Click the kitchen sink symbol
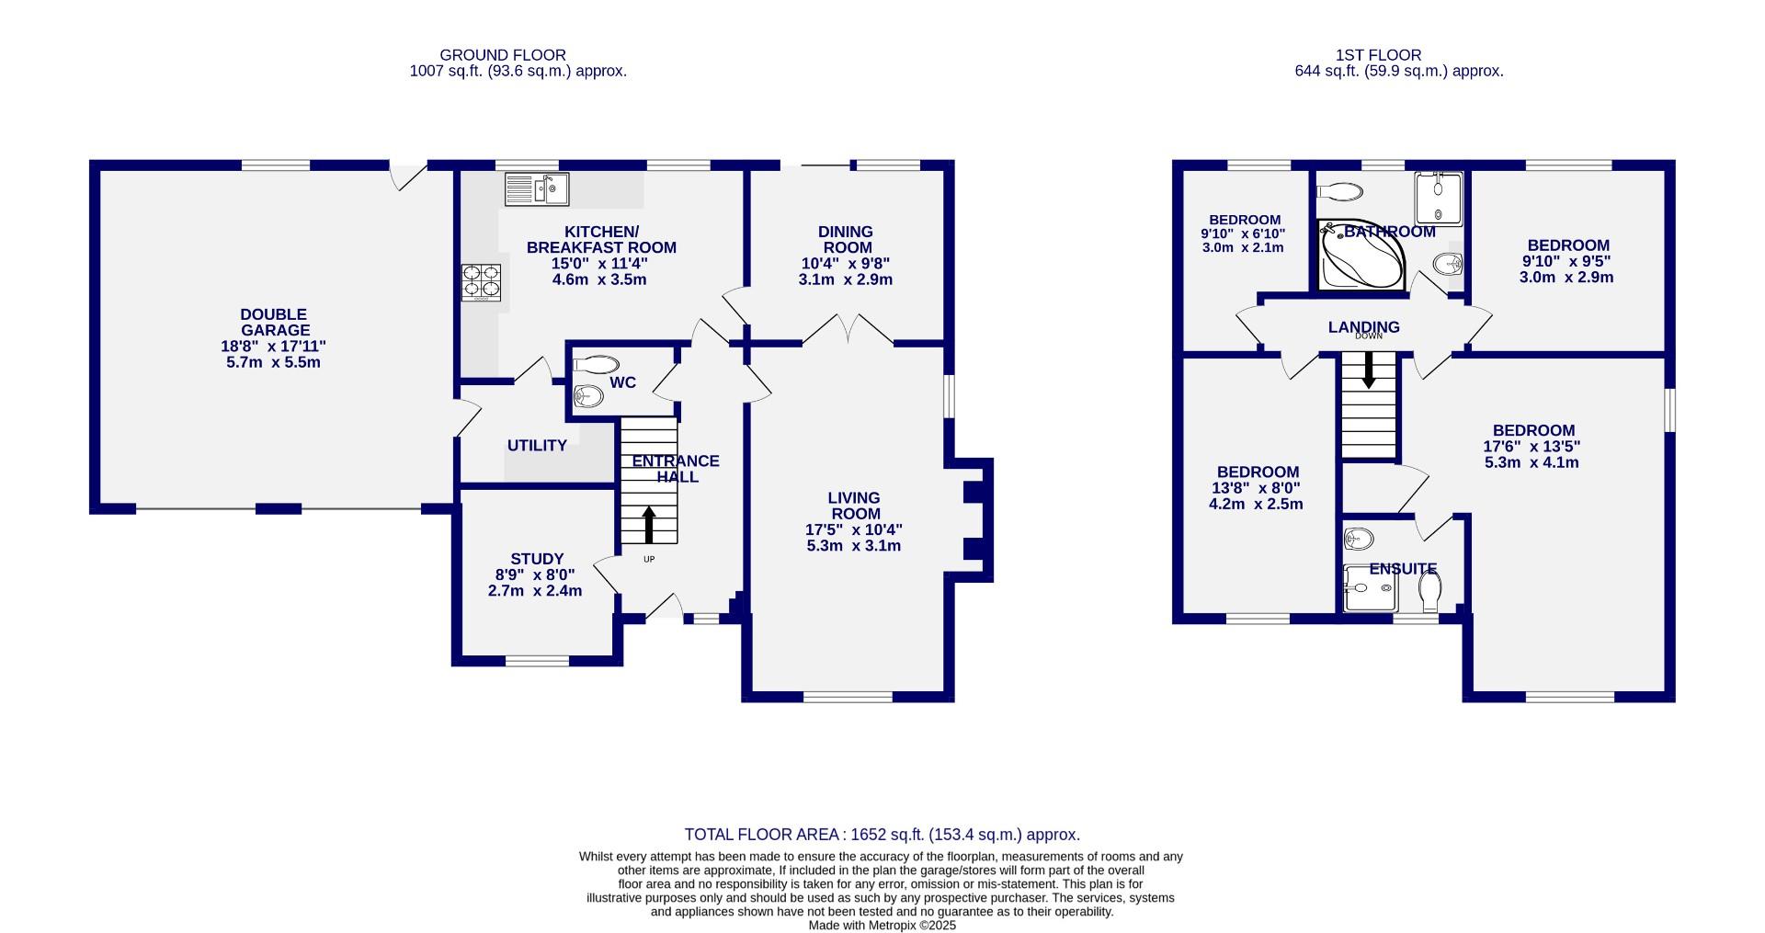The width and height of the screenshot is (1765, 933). tap(537, 189)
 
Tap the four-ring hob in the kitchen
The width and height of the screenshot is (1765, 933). tap(482, 282)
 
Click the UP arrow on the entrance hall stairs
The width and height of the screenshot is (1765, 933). tap(648, 525)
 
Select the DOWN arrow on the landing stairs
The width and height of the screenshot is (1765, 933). tap(1368, 370)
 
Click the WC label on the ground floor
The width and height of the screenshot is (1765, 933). tap(622, 382)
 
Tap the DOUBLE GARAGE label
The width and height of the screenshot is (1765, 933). tap(274, 323)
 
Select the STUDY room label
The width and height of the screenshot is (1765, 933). tap(537, 559)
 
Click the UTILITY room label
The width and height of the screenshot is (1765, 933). tap(537, 446)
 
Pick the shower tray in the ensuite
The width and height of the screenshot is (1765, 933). tap(1371, 589)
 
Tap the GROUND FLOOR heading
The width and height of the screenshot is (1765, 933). tap(502, 55)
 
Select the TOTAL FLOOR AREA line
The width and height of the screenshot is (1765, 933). tap(882, 835)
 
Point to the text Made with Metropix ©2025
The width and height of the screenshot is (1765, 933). tap(882, 926)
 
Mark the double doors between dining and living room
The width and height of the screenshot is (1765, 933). tap(848, 331)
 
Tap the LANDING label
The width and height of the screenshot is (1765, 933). tap(1363, 327)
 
